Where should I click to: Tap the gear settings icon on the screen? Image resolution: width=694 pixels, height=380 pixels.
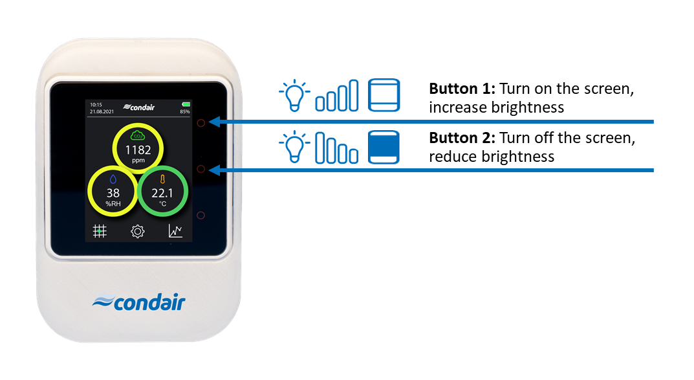pos(138,231)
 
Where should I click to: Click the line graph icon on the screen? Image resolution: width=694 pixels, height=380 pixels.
pos(175,230)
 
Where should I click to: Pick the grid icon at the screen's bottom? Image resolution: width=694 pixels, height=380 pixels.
pos(100,230)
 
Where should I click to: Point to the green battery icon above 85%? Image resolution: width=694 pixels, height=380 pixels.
pos(185,104)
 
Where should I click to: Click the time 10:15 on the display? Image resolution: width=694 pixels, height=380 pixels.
pos(96,105)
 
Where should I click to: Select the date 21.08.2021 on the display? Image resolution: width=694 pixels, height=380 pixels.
pos(102,111)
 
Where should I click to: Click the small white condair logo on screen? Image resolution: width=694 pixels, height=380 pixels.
pos(139,107)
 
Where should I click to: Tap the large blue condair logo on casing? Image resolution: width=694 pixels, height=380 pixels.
pos(138,302)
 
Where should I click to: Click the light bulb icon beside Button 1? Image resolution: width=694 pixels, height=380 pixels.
pos(294,95)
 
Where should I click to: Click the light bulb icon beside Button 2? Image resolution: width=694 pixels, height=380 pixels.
pos(294,147)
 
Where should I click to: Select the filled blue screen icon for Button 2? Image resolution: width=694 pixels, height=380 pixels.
pos(384,147)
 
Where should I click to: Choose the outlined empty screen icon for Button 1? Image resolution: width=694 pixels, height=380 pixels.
pos(384,95)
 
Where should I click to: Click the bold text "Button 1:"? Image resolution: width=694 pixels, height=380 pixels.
pos(462,89)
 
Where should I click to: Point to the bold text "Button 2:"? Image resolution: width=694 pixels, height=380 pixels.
pos(462,138)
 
